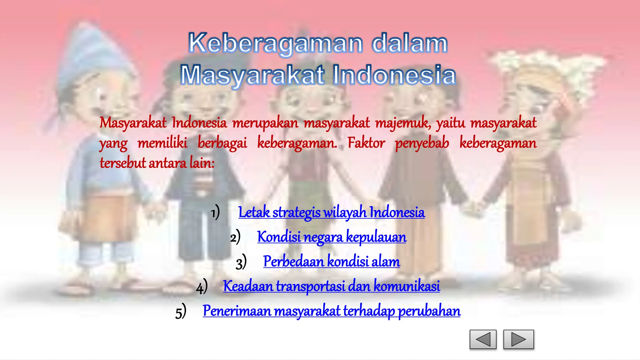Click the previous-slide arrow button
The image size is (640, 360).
point(483,339)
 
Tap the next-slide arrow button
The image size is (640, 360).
point(518,339)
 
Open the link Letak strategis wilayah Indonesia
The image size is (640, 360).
point(331,212)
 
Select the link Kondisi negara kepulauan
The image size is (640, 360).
point(332,237)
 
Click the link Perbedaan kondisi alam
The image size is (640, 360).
point(331,262)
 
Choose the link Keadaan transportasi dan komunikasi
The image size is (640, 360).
point(331,286)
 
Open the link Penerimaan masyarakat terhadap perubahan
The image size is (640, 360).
point(331,311)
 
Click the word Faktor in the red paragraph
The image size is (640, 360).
point(366,143)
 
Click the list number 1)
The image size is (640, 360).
point(215,213)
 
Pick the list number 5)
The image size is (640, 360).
point(181,312)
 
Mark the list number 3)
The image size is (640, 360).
point(241,262)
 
